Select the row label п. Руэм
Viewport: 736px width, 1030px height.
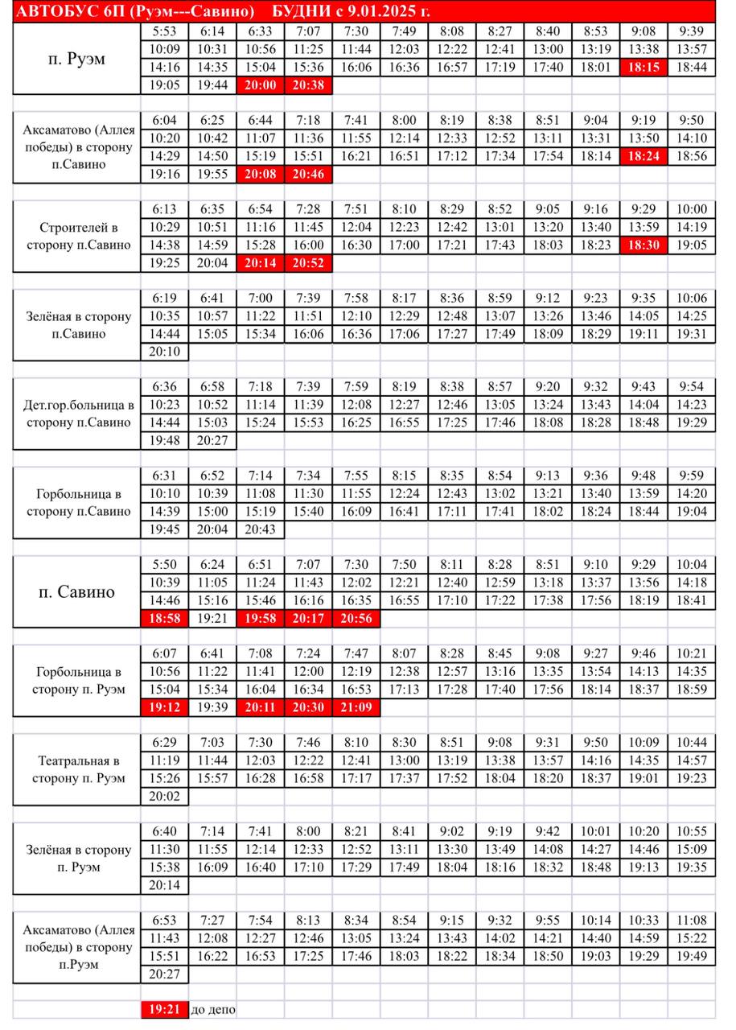[x=76, y=59]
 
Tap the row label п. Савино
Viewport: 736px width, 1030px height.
[x=76, y=592]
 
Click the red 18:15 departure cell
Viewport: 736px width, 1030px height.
[x=643, y=68]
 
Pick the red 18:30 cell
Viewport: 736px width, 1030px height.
[x=643, y=245]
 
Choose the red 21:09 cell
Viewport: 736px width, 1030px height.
[x=356, y=708]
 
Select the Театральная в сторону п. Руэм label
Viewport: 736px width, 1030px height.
[x=76, y=769]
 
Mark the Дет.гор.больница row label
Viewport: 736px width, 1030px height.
[x=76, y=414]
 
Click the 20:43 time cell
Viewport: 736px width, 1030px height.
[x=261, y=529]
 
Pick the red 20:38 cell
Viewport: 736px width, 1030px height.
[x=308, y=85]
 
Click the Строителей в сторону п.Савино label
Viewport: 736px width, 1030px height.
[x=76, y=237]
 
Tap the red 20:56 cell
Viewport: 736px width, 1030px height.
[x=356, y=620]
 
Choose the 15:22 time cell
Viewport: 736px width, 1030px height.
[x=692, y=938]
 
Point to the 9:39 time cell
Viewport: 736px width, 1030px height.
[x=692, y=32]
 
